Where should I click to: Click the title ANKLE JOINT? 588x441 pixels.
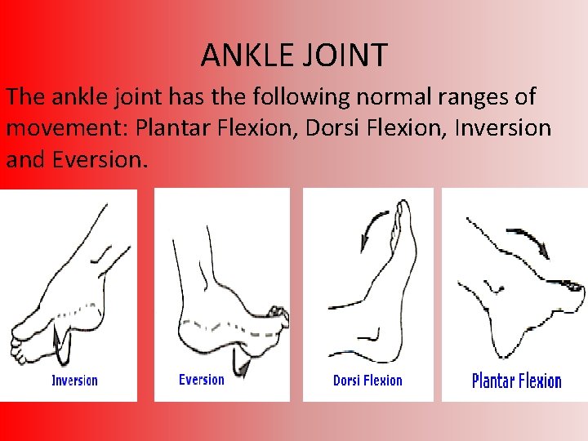pyautogui.click(x=294, y=56)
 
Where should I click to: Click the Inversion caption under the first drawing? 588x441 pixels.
pyautogui.click(x=74, y=380)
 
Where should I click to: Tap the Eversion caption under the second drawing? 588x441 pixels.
pyautogui.click(x=201, y=379)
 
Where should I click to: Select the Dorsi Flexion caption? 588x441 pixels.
pyautogui.click(x=367, y=380)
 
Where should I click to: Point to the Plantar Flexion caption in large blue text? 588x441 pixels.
pyautogui.click(x=517, y=381)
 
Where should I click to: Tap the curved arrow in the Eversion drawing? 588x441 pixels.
pyautogui.click(x=238, y=359)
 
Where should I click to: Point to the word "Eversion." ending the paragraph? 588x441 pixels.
pyautogui.click(x=100, y=159)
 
